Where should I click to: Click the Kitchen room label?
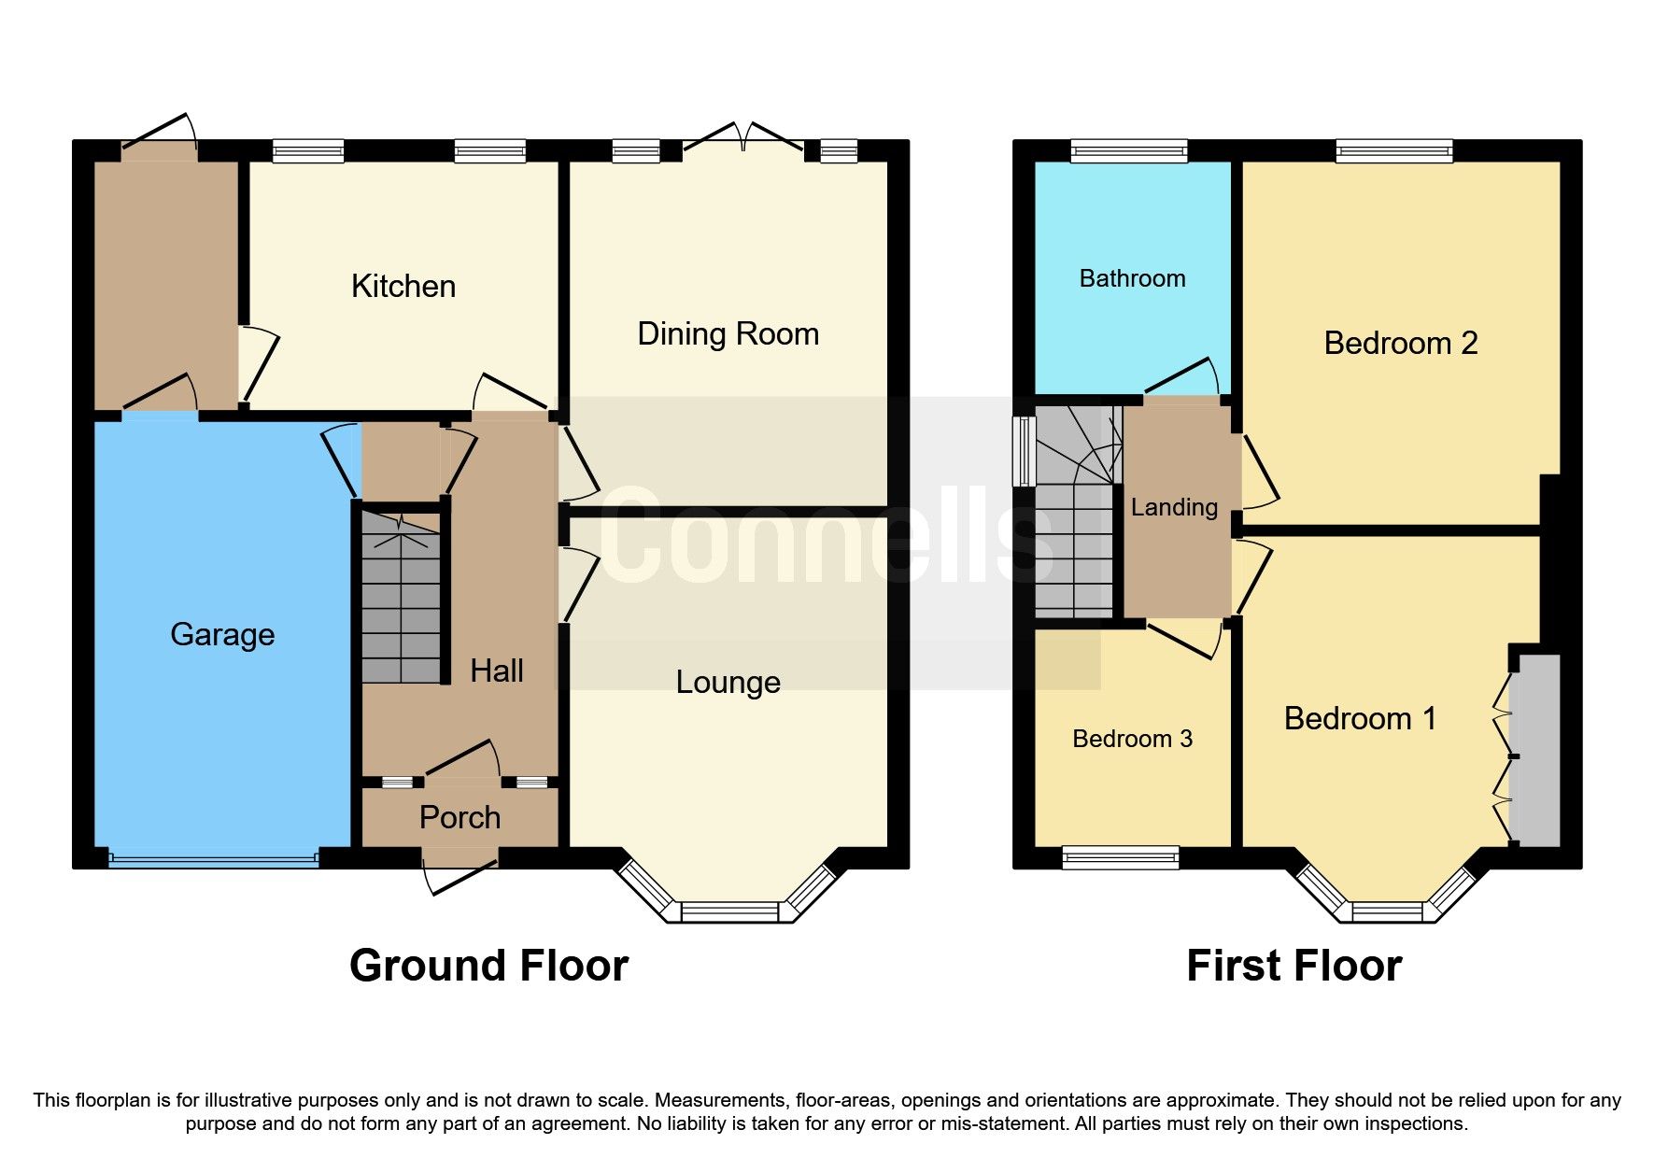coord(403,287)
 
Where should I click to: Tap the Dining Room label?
coord(728,334)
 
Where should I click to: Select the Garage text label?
coord(222,635)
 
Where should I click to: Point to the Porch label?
coord(459,818)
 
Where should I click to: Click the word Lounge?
coord(728,683)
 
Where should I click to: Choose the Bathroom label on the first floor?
coord(1132,279)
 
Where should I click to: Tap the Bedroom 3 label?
coord(1132,740)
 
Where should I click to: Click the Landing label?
coord(1174,508)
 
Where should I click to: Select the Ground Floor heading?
coord(488,967)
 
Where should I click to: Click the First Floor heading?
coord(1294,967)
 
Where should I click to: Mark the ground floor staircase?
coord(401,598)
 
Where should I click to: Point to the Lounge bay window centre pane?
coord(729,911)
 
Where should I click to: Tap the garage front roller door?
coord(214,856)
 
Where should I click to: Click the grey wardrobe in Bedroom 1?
coord(1535,751)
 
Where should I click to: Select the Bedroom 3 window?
coord(1121,856)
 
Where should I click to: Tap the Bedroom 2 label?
coord(1400,344)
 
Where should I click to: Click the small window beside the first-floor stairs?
coord(1025,450)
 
